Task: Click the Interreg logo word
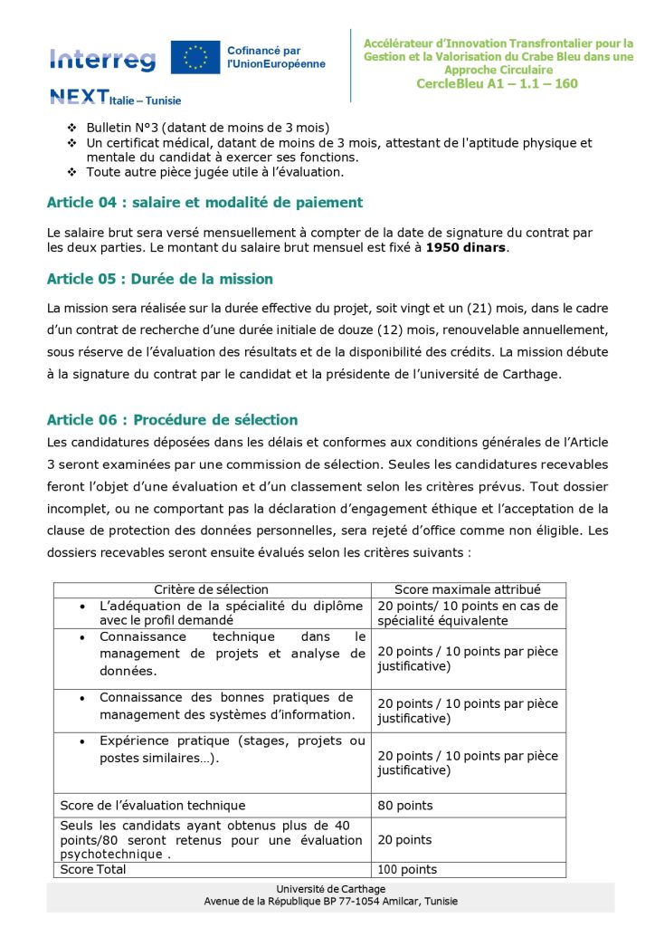coord(102,60)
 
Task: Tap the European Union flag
coord(195,57)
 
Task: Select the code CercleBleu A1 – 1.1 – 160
coord(497,84)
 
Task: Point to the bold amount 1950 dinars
coord(466,247)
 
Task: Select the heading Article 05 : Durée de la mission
coord(160,279)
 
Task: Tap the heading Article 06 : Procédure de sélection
coord(172,420)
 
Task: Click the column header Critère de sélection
coord(211,589)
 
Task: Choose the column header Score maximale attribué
coord(468,589)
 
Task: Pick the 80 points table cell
coord(405,806)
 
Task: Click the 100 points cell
coord(407,870)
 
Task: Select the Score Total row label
coord(93,870)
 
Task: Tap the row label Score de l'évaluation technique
coord(152,806)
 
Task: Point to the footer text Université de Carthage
coord(330,889)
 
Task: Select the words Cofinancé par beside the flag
coord(264,51)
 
